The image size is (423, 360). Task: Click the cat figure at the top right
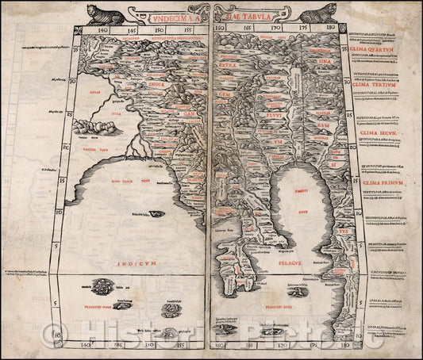(318, 13)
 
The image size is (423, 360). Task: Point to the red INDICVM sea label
(134, 237)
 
